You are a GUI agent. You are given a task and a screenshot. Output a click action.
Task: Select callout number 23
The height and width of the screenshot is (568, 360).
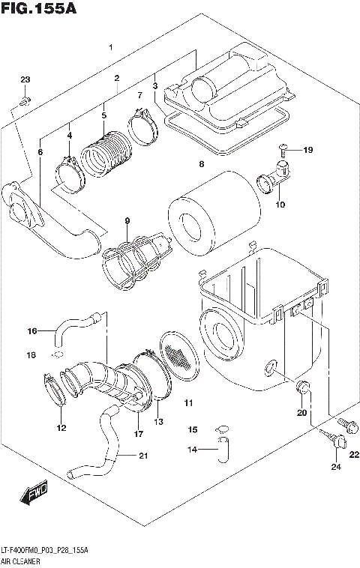tap(25, 80)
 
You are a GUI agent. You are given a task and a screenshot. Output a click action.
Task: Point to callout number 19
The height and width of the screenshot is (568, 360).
tap(307, 150)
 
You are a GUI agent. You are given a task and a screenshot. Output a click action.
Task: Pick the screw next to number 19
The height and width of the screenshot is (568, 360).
tap(284, 150)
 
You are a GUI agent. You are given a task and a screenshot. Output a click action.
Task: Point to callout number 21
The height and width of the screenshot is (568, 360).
tap(143, 456)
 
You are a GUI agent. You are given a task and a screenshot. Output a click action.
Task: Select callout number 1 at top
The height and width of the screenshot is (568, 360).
tap(111, 47)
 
